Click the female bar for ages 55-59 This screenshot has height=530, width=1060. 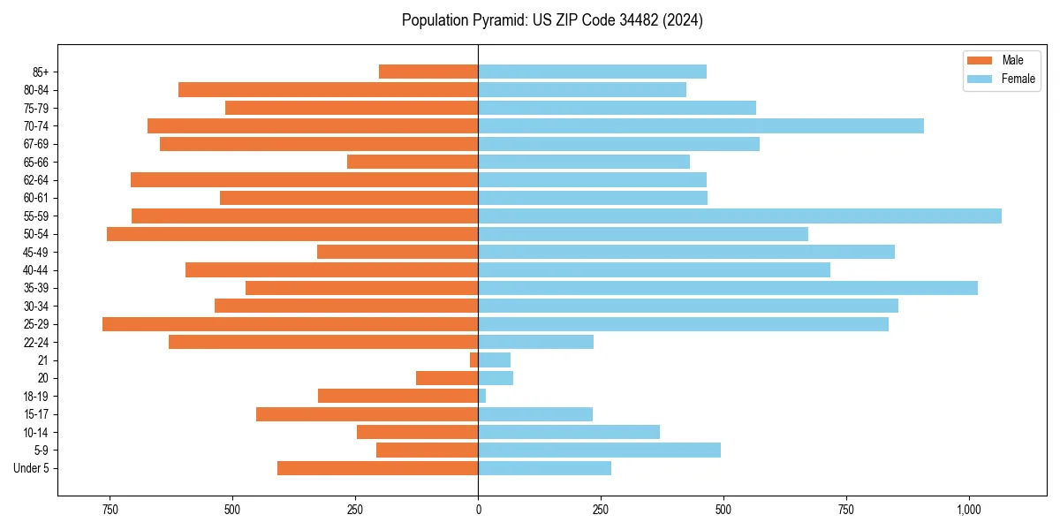tap(739, 216)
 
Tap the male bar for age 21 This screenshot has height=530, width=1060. tap(474, 360)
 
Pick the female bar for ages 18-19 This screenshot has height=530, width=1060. tap(482, 396)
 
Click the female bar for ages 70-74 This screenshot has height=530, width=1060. tap(700, 125)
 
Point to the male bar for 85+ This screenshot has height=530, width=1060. tap(428, 72)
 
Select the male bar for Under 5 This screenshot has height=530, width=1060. tap(377, 468)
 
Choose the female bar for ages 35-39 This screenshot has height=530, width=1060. tap(728, 288)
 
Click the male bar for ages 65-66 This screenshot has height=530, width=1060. tap(413, 162)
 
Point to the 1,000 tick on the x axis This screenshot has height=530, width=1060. tap(969, 510)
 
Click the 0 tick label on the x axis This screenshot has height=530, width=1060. tap(478, 510)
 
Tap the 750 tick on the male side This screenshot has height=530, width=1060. tap(110, 510)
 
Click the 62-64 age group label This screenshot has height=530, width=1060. tap(36, 180)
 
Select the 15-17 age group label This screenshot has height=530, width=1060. tap(36, 414)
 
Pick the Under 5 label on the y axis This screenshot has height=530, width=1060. tap(32, 468)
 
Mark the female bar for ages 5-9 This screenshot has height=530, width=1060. tap(599, 450)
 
